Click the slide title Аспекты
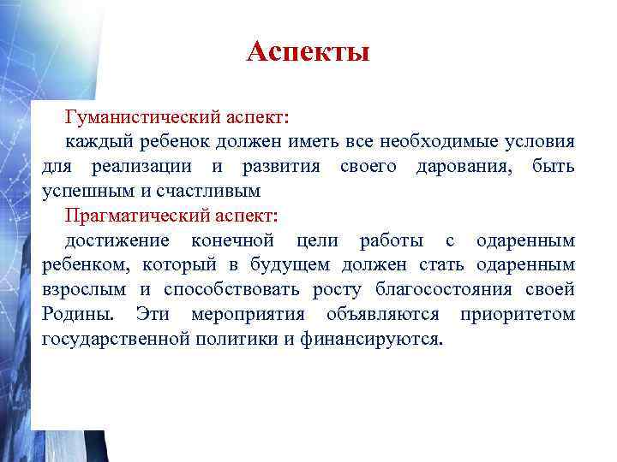[x=308, y=53]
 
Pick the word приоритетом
[x=517, y=315]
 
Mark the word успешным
[x=83, y=190]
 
